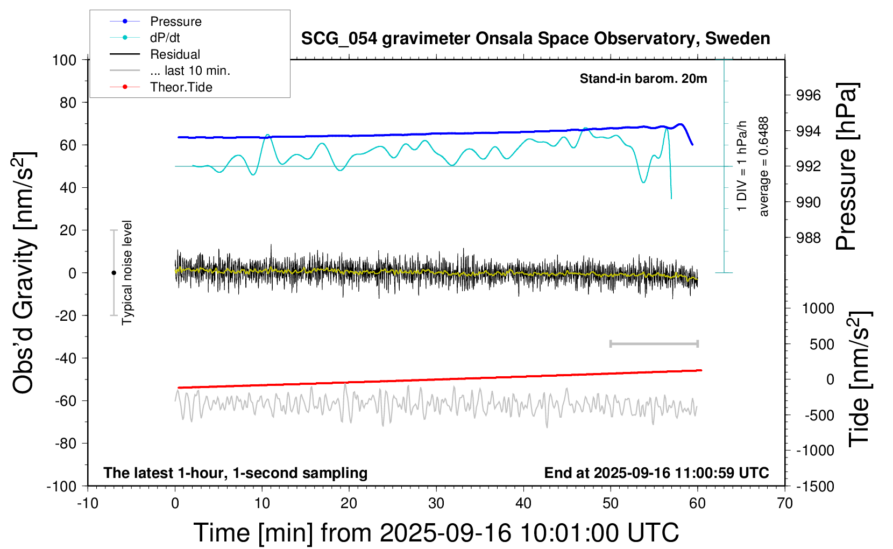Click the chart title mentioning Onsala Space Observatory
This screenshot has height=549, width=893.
coord(535,39)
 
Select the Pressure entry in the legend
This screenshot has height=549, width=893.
coord(175,22)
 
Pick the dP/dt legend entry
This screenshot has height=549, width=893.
coord(165,38)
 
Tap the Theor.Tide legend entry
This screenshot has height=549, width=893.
coord(181,87)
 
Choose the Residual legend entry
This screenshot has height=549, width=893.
coord(175,54)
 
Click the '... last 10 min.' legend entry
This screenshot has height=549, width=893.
coord(190,71)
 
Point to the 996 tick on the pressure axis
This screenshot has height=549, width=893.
coord(809,95)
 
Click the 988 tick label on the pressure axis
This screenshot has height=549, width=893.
coord(809,237)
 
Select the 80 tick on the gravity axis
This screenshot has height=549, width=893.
coord(68,102)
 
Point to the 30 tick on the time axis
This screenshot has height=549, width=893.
coord(436,503)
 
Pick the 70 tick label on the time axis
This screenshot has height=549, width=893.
coord(785,503)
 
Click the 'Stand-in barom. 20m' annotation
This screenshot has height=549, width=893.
coord(643,79)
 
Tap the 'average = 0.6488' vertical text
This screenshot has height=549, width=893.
coord(764,167)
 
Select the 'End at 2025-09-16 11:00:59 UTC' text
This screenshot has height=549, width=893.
coord(656,473)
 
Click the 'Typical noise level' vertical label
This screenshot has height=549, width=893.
coord(127,272)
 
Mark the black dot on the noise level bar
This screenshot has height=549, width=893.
coord(114,273)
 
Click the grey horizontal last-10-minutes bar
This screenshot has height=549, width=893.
coord(654,343)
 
